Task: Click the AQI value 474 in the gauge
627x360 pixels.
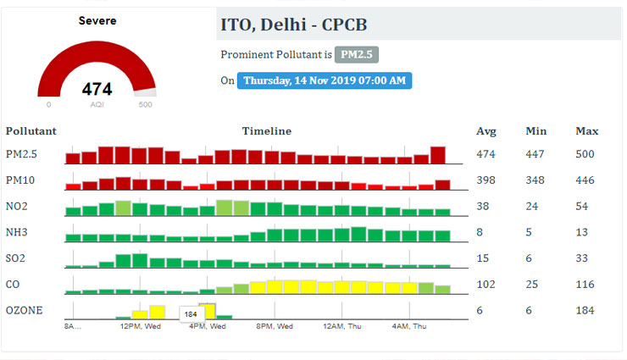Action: click(x=97, y=89)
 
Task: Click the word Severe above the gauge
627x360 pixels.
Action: click(x=97, y=20)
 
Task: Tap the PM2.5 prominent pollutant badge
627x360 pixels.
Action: click(x=357, y=54)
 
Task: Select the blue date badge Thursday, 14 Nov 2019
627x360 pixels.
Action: click(x=325, y=81)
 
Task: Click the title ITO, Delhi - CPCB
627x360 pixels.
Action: click(x=294, y=25)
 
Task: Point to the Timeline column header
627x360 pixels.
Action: click(x=266, y=131)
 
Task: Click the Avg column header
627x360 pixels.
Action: click(x=486, y=131)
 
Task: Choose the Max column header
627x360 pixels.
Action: click(x=586, y=131)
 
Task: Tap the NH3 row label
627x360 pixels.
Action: click(x=19, y=233)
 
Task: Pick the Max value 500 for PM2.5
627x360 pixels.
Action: click(x=585, y=155)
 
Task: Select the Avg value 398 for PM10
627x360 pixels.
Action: click(x=486, y=181)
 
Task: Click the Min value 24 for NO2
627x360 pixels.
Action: click(x=532, y=207)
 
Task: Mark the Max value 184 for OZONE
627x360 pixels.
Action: click(x=585, y=311)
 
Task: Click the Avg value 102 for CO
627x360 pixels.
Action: click(x=486, y=285)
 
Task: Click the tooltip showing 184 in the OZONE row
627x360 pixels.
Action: click(x=191, y=314)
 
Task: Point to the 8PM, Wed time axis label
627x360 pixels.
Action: click(x=275, y=326)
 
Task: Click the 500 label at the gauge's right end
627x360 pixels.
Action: click(x=145, y=105)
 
